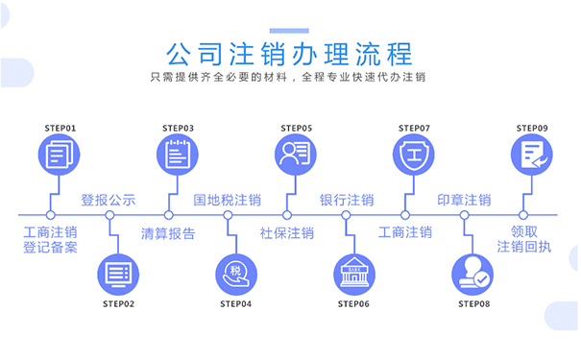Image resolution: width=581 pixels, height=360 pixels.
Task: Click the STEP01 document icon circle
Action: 60,154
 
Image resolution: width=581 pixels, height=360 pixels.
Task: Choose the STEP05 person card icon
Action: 296,154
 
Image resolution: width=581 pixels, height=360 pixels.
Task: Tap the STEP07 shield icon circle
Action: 414,154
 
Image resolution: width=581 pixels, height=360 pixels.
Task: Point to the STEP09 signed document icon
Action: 532,154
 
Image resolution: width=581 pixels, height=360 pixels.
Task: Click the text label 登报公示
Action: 109,201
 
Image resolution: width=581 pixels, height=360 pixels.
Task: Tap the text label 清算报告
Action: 168,232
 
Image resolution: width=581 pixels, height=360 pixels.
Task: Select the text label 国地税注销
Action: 228,201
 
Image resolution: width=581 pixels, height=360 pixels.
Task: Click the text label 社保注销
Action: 286,232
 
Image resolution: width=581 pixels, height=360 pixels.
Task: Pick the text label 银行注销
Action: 347,201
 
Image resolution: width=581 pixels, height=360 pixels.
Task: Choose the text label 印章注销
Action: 464,201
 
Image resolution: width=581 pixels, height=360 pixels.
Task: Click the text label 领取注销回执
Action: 524,239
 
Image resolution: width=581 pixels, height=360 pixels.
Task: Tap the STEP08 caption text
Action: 472,304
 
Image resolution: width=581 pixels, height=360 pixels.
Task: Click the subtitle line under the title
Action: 290,78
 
